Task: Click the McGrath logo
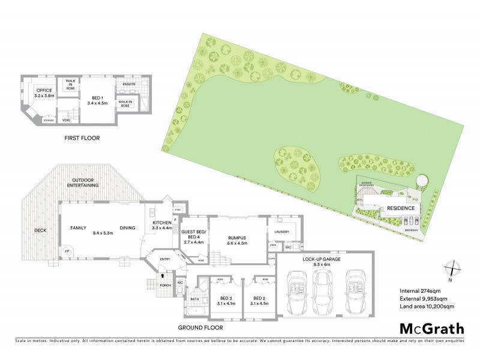431,328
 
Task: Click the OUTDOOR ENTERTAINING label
86,182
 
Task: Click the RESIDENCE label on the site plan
400,208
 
